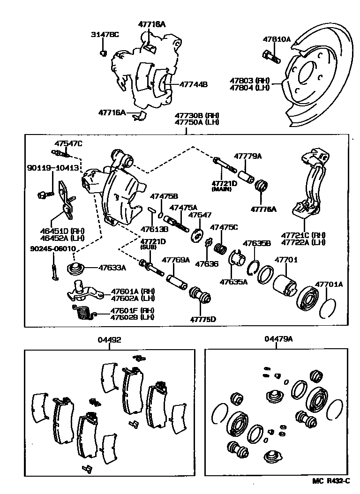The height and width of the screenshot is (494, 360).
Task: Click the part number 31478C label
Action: point(105,35)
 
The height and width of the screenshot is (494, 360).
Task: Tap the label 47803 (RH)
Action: point(250,81)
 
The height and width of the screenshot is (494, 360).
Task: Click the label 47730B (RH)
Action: point(197,115)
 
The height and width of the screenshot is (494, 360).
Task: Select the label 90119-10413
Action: point(52,167)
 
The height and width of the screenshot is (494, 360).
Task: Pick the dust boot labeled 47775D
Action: point(200,297)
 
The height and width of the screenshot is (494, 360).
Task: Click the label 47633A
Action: point(112,268)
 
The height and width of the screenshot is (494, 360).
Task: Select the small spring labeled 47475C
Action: point(219,247)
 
